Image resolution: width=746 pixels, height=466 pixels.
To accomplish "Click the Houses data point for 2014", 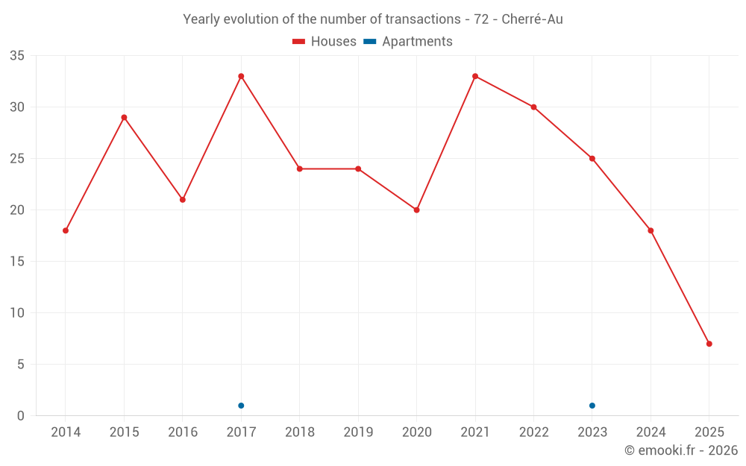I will [66, 230].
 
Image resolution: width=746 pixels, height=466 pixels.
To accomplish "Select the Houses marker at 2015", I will [124, 117].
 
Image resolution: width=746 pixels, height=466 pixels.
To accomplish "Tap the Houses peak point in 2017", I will [241, 76].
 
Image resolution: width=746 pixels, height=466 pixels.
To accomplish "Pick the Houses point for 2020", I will [416, 210].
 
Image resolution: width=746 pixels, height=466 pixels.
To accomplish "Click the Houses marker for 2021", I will [475, 76].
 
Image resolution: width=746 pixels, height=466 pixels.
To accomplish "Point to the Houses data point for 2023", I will [592, 158].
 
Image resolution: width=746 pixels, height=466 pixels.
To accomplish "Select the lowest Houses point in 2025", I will [709, 344].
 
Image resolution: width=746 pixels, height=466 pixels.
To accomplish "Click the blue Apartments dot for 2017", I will [241, 406].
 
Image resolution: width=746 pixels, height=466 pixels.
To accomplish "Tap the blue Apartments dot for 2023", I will [592, 406].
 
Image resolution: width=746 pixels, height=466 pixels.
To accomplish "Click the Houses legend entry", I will [325, 42].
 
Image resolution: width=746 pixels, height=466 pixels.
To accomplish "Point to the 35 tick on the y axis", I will [17, 56].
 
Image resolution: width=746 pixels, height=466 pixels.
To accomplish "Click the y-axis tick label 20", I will [17, 210].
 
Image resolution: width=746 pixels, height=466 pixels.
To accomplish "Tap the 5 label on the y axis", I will [21, 365].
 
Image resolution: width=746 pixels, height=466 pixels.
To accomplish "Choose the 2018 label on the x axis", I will [299, 432].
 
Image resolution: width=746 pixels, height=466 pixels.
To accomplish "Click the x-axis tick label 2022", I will [533, 432].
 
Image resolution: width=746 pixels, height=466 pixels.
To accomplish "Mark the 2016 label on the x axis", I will [183, 432].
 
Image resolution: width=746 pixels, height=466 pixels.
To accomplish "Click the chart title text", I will [373, 19].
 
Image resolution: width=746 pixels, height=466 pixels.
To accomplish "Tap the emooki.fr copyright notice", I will [681, 450].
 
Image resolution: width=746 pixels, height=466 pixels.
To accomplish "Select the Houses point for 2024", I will [651, 230].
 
